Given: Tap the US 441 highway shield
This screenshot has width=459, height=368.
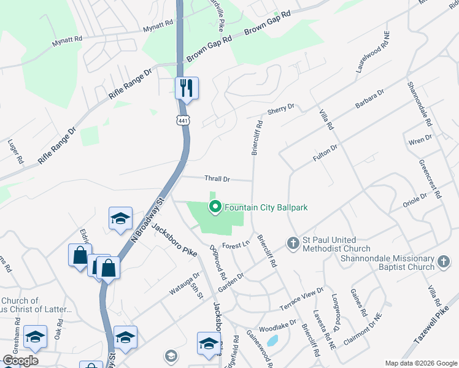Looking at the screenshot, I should (x=183, y=121).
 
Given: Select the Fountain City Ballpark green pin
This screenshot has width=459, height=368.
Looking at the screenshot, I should (x=215, y=207).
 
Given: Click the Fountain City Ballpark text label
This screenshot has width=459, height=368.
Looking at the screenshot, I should (x=266, y=207).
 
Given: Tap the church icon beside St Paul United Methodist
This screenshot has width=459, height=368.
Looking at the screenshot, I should (x=293, y=243).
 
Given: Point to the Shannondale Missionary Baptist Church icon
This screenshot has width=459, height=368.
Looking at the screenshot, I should (x=444, y=263).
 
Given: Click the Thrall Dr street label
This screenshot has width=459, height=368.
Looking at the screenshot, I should (x=217, y=179).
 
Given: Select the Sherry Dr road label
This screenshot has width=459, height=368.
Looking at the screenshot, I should (x=281, y=109).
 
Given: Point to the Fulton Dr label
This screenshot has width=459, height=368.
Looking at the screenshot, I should (x=325, y=151).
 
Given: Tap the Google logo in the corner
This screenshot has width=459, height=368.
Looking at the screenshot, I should (x=20, y=361).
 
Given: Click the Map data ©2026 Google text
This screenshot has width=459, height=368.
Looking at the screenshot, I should (x=421, y=363).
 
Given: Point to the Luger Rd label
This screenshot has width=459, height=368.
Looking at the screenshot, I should (x=15, y=151).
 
